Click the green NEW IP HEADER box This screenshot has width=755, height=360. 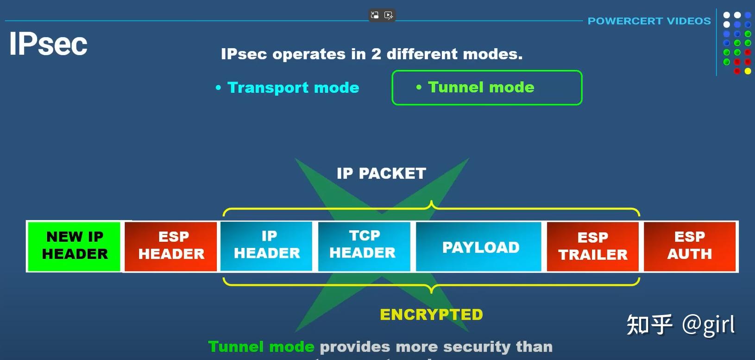tap(75, 246)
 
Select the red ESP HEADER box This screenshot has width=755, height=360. tap(171, 246)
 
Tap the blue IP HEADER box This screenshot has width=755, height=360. tap(267, 246)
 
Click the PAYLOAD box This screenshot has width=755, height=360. tap(480, 247)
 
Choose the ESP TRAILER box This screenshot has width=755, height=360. tap(593, 246)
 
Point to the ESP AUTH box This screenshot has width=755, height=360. tap(690, 246)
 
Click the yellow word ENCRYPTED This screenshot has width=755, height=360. tap(431, 315)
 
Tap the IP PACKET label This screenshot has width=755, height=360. tap(381, 173)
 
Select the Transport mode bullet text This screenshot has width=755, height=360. tap(293, 88)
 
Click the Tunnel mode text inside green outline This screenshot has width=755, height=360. tap(481, 87)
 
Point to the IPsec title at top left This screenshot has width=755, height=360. tap(48, 44)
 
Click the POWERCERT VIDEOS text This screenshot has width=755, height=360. tap(649, 21)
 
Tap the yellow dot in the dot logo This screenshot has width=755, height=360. tap(748, 71)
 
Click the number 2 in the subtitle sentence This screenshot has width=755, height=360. tap(376, 54)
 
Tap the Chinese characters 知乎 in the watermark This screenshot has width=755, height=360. tap(649, 325)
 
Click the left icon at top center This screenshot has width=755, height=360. tap(375, 15)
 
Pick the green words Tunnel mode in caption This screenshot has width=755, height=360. tap(261, 347)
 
